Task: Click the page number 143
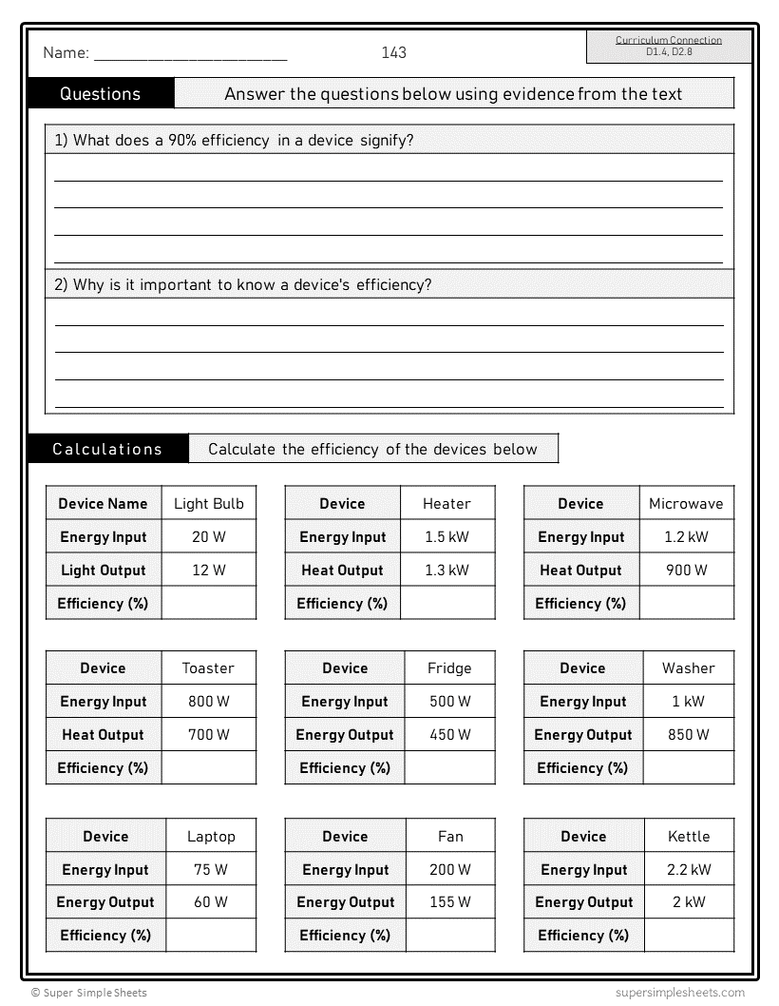393,52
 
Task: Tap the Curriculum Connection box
669,46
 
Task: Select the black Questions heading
101,93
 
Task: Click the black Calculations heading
107,449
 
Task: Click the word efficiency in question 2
393,284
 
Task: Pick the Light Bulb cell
208,504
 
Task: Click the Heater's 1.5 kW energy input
446,537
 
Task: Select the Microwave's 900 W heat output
687,571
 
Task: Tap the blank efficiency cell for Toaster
208,767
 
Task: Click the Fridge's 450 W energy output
449,735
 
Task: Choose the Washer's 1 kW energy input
688,702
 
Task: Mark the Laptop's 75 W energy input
210,870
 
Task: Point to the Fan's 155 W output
449,902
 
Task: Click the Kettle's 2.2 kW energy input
689,870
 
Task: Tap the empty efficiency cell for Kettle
689,935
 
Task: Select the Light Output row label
104,571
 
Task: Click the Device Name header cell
104,504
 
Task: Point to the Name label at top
66,53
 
